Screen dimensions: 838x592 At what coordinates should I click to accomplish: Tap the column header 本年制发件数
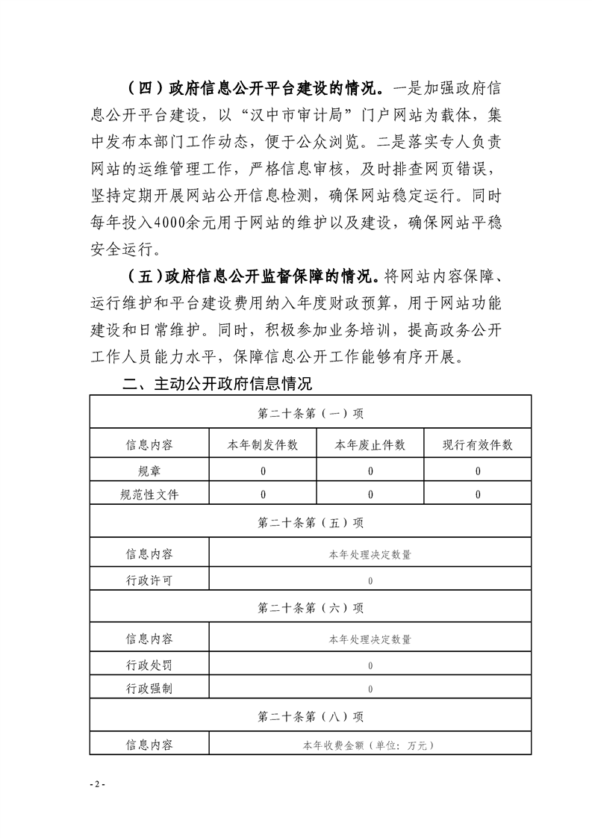(x=263, y=445)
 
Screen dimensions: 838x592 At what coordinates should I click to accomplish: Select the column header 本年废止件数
(x=370, y=445)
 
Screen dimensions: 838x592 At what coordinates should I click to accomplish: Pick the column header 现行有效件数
(x=478, y=445)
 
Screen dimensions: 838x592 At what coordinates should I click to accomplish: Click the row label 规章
(x=149, y=471)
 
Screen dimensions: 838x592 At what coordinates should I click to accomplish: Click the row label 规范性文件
(x=149, y=494)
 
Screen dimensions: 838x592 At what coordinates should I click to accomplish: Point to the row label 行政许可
(x=149, y=580)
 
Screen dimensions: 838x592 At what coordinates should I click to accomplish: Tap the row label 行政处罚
(x=149, y=665)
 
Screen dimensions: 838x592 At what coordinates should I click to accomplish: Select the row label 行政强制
(x=149, y=689)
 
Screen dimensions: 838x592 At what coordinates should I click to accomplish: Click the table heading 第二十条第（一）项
(x=311, y=413)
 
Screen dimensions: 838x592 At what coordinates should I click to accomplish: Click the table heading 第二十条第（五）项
(x=311, y=523)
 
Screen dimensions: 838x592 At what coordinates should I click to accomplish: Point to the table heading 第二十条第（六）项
(x=311, y=608)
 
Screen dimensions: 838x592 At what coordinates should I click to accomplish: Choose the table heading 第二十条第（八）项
(x=311, y=716)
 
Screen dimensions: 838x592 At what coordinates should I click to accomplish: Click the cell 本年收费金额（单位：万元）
(x=370, y=745)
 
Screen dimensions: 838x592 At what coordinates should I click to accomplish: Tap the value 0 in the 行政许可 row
(x=370, y=581)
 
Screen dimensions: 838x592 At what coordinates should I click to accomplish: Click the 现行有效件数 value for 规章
(x=478, y=471)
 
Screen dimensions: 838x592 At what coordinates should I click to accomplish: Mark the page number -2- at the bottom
(x=98, y=785)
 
